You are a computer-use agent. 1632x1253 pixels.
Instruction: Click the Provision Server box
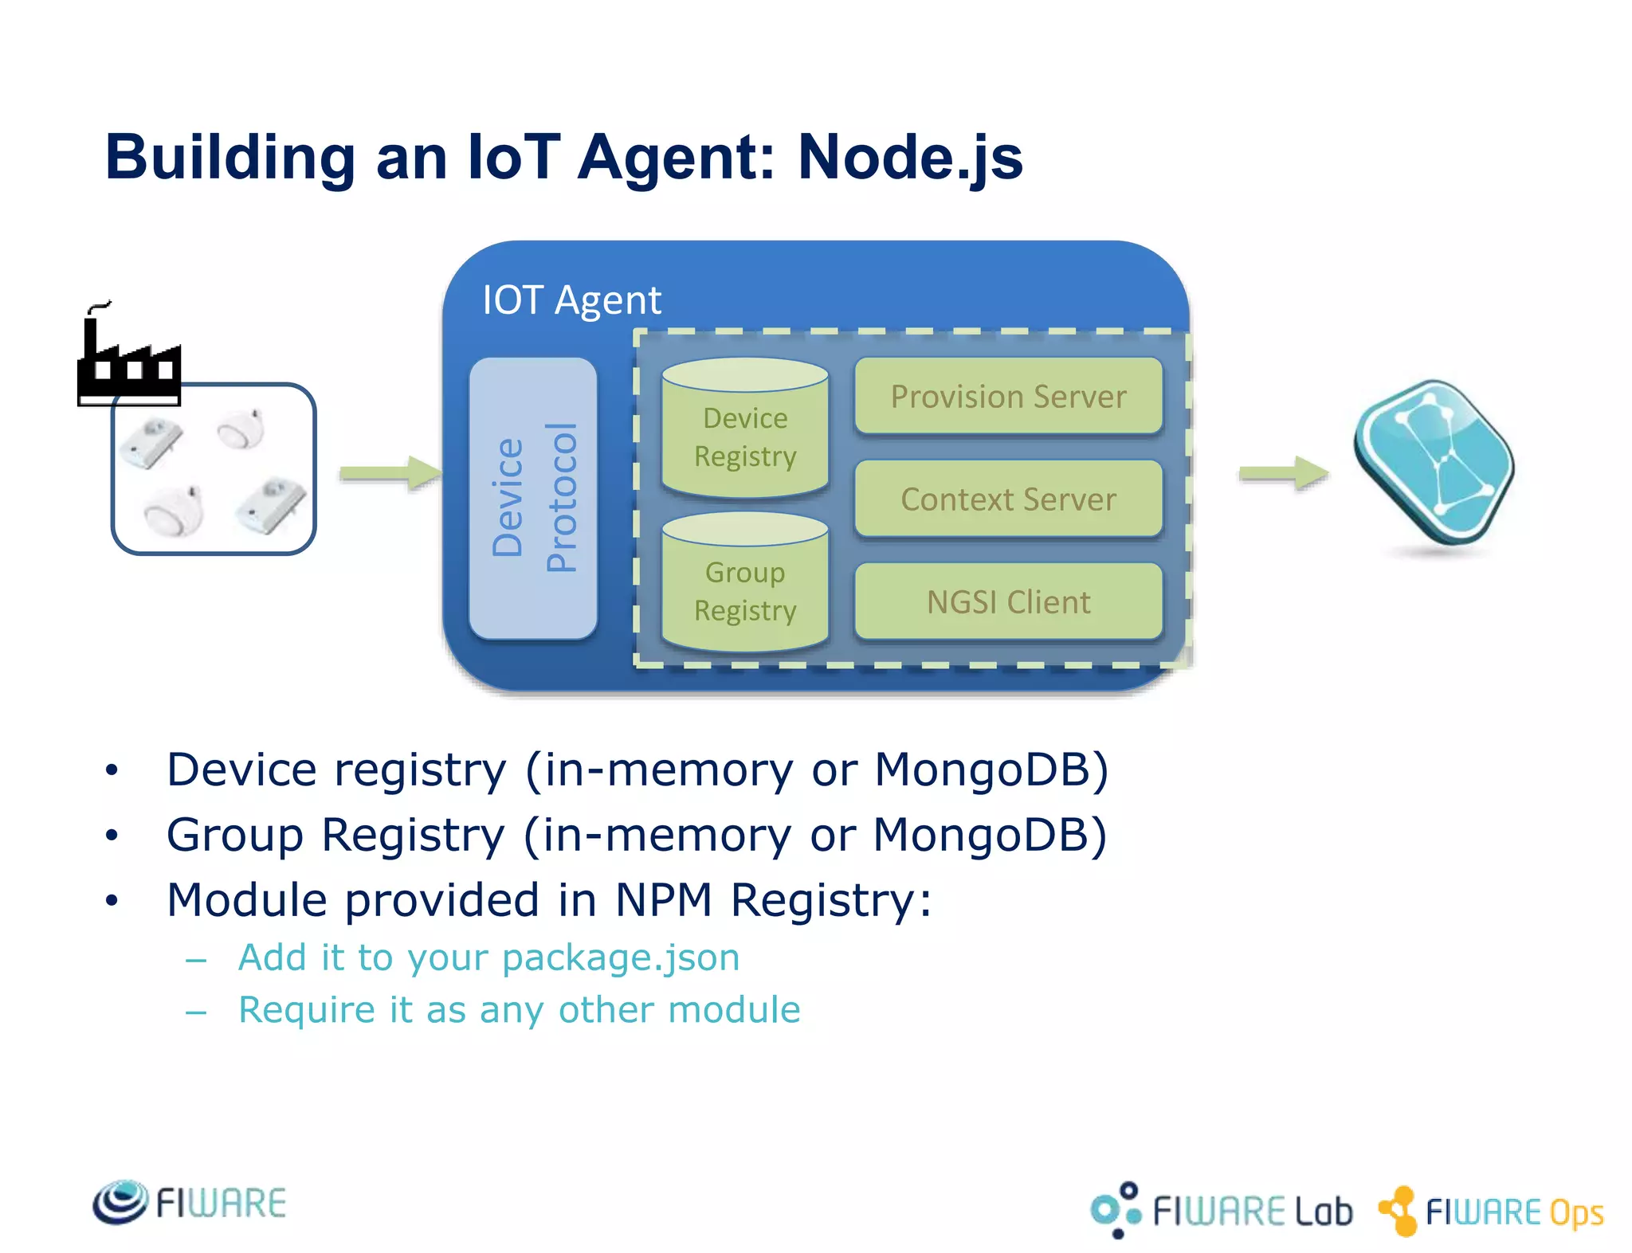[x=1008, y=396]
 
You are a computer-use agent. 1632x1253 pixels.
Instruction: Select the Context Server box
[x=1008, y=499]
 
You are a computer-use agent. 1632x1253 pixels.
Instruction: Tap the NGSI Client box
[x=1008, y=601]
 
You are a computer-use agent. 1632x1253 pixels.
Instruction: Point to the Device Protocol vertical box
[x=533, y=498]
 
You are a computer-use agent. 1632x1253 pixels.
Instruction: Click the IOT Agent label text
[x=571, y=300]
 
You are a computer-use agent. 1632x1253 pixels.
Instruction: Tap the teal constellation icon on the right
[x=1434, y=462]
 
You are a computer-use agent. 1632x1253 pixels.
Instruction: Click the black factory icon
[x=127, y=358]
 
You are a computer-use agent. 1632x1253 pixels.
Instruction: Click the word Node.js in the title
[x=909, y=158]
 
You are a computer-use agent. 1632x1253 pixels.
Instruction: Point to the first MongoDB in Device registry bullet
[x=991, y=769]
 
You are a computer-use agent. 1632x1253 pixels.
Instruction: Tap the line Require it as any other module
[x=519, y=1010]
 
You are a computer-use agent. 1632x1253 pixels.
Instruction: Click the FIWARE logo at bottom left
[x=190, y=1202]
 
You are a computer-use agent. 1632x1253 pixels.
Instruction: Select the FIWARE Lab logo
[x=1221, y=1210]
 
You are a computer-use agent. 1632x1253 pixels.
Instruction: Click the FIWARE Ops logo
[x=1491, y=1212]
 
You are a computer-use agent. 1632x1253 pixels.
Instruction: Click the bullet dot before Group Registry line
[x=112, y=835]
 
